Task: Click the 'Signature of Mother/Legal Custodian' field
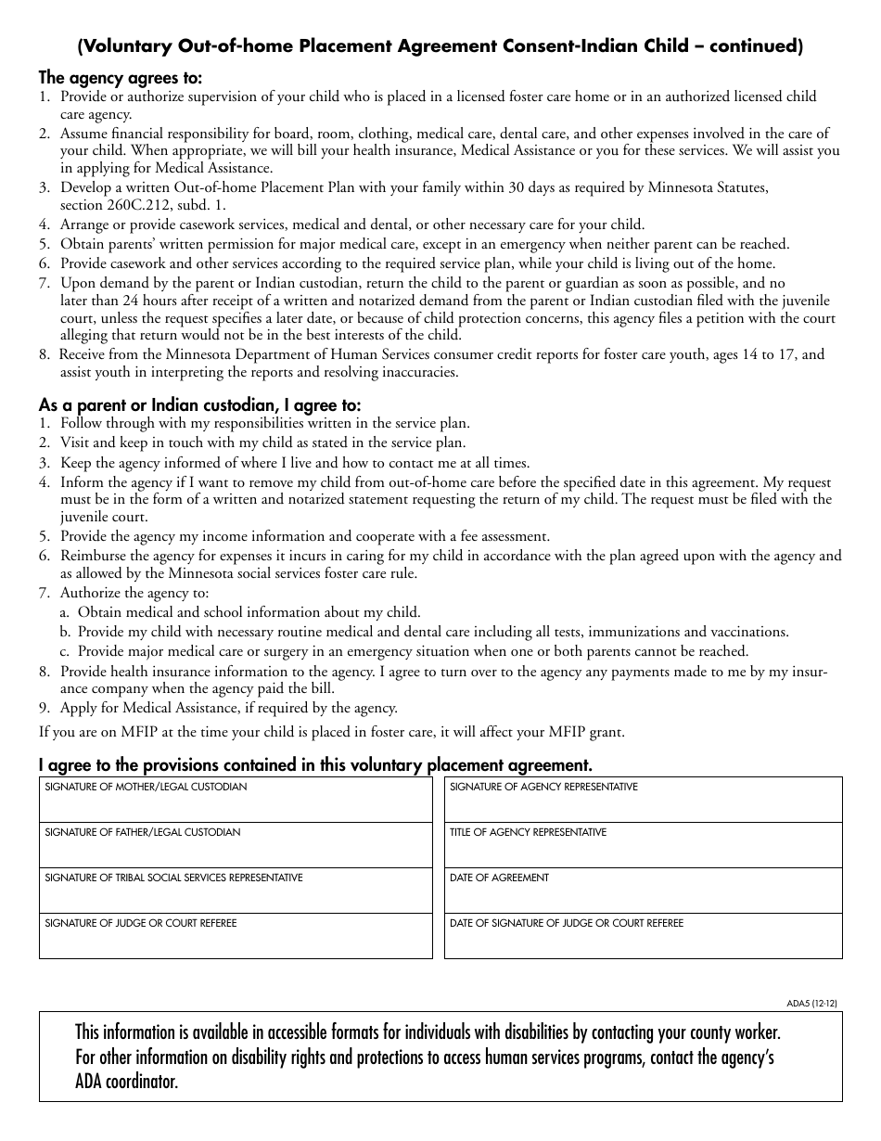[x=236, y=803]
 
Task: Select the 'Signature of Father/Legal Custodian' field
[x=236, y=849]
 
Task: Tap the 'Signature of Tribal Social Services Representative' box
[x=236, y=894]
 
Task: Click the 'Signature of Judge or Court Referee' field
[x=236, y=940]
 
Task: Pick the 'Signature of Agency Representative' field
[x=643, y=803]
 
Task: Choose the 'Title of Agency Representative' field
[x=643, y=849]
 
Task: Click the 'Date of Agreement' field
[x=643, y=894]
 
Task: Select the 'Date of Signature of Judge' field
[x=643, y=940]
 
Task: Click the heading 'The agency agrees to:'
[x=121, y=77]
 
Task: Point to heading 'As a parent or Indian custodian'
[x=199, y=404]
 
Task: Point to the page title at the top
[x=440, y=45]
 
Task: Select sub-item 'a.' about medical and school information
[x=241, y=612]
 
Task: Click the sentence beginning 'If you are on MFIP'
[x=332, y=732]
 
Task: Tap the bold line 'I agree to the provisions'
[x=315, y=765]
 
